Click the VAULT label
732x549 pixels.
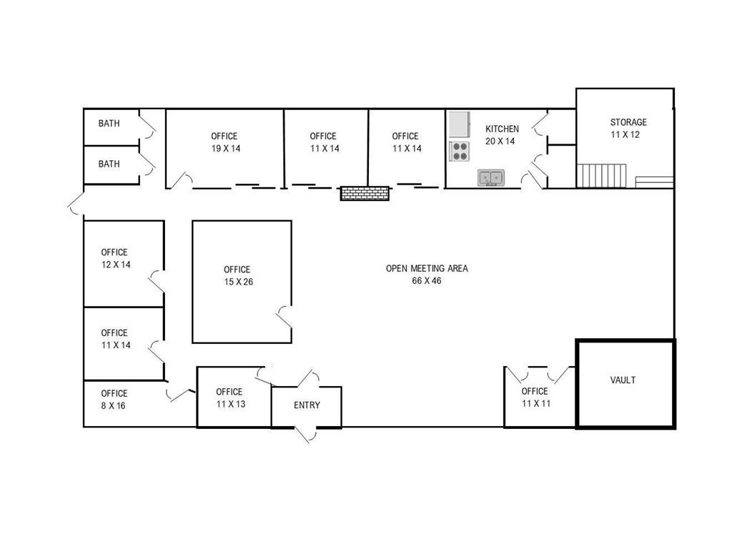(623, 380)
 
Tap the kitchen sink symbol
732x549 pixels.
(491, 177)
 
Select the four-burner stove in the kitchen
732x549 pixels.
(459, 151)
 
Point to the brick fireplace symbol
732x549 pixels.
(365, 193)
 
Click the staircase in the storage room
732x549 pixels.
(602, 175)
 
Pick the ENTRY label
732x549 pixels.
(307, 405)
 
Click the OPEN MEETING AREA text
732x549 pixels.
(427, 269)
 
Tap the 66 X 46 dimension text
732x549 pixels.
(427, 281)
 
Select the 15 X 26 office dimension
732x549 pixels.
(237, 282)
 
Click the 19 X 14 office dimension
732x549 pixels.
(224, 148)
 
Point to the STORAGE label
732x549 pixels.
(628, 122)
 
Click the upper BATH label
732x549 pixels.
(109, 124)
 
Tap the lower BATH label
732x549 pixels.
(109, 164)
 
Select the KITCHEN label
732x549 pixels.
(503, 129)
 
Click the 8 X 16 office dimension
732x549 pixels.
(114, 405)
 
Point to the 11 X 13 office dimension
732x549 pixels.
(229, 404)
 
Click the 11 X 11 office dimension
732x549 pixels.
(535, 403)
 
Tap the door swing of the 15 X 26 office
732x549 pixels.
(284, 315)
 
